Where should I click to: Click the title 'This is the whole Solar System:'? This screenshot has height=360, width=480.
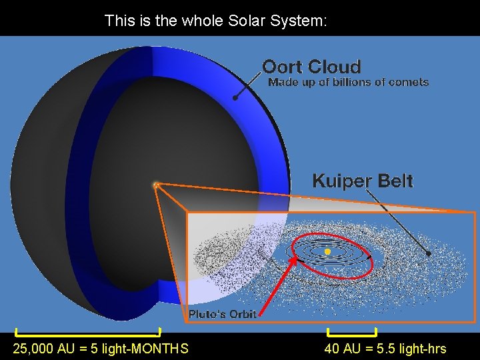[215, 21]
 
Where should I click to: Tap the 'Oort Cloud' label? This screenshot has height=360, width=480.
[311, 67]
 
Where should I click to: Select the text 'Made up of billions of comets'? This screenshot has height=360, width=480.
[348, 83]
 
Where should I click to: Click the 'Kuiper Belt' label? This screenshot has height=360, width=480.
[363, 181]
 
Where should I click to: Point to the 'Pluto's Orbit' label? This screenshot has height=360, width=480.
[222, 314]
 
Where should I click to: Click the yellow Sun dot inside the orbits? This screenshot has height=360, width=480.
[328, 251]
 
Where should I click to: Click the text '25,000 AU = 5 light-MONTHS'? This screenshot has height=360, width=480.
[101, 349]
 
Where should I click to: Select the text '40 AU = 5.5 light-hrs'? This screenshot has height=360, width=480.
[385, 349]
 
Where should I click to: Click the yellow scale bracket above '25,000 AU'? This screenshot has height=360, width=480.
[88, 332]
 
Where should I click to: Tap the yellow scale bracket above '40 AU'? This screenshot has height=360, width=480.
[352, 332]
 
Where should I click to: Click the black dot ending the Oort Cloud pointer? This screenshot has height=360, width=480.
[235, 98]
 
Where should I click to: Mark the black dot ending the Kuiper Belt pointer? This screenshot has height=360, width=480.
[429, 254]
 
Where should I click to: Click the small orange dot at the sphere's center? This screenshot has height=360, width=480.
[155, 185]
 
